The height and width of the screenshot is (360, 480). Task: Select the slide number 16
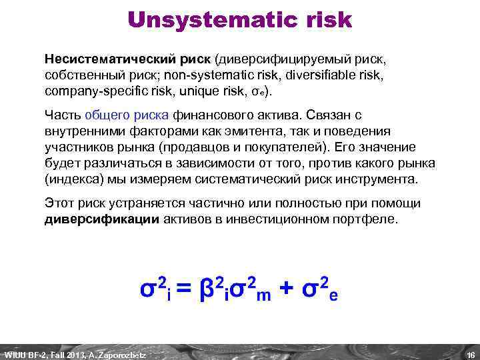pos(470,354)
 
